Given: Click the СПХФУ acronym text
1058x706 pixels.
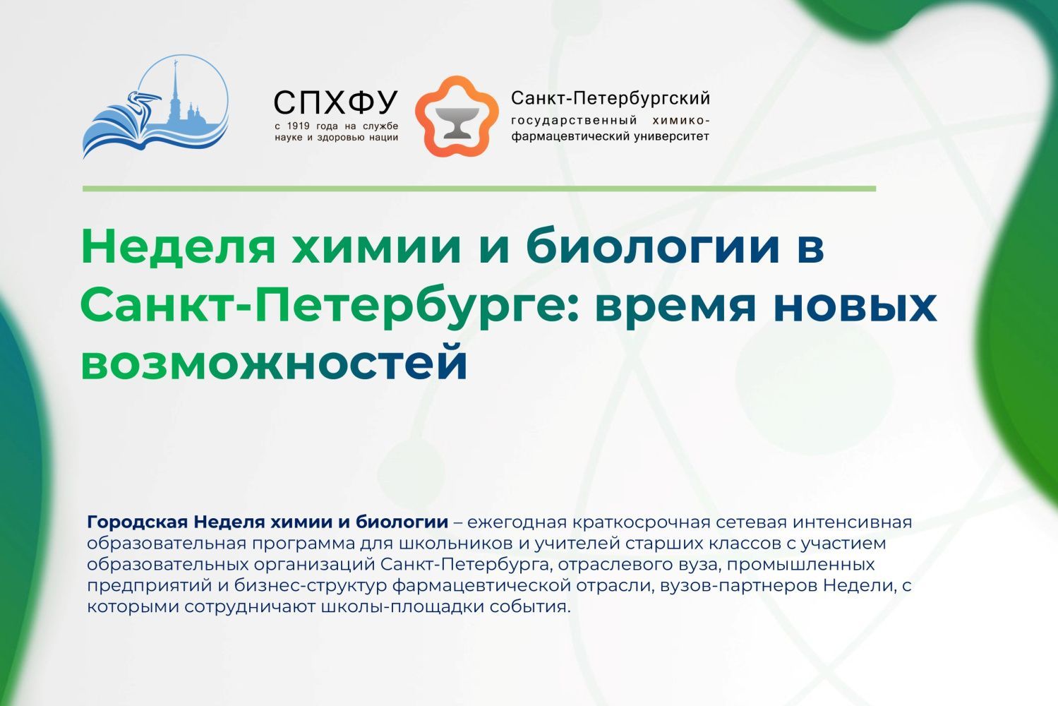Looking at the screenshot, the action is pos(336,102).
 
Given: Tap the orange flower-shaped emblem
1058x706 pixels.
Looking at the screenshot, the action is pos(457,116).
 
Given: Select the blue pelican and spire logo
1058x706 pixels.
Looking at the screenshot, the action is pos(155,107).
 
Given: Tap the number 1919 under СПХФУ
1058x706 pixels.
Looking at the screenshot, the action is pos(299,126).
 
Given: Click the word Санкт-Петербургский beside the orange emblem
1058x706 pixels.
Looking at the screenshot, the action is pos(611,98).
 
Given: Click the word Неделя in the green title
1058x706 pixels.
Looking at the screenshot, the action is pos(178,246).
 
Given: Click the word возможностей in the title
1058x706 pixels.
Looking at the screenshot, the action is pos(275,363).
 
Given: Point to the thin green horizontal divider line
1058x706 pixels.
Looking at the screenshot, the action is pos(479,189).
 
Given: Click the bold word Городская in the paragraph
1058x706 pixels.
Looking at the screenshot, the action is pos(138,522).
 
